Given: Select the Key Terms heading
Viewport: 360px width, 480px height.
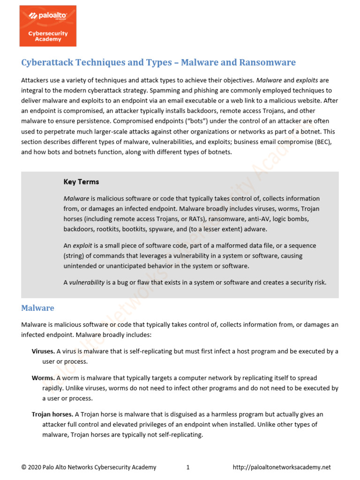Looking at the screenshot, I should point(81,182).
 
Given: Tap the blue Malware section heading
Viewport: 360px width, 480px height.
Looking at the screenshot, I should point(37,308).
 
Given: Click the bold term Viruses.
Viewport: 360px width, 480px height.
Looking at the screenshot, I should point(43,352).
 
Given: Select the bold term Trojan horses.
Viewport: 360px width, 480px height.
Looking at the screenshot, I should point(52,414).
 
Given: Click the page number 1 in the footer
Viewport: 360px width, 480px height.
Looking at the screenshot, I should point(187,467).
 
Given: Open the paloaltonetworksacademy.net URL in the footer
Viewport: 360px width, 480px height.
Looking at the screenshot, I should point(282,467).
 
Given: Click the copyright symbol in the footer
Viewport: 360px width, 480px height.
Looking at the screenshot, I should point(24,467).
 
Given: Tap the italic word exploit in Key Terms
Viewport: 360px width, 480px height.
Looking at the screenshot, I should point(82,246).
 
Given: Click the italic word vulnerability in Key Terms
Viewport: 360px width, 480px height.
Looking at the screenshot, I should point(87,283).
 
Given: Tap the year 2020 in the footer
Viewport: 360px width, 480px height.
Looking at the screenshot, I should point(35,467).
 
